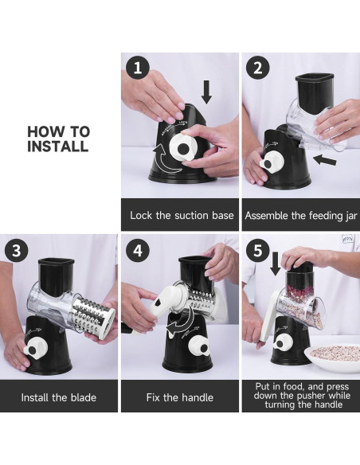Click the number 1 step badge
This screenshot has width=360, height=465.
tap(137, 68)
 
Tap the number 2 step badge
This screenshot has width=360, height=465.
tap(258, 68)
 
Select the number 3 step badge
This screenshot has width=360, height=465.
tap(16, 251)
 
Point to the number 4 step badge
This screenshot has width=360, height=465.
tap(137, 251)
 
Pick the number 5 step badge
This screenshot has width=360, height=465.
tap(258, 250)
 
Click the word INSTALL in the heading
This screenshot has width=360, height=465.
tap(58, 146)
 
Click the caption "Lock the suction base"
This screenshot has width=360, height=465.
tap(182, 215)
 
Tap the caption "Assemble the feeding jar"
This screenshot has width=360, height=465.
tap(301, 215)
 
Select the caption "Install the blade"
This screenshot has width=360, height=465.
tap(59, 397)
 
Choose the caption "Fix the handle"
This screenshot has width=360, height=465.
tap(180, 397)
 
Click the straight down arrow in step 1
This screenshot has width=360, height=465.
tap(206, 92)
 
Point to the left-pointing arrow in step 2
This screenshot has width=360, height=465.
tap(325, 160)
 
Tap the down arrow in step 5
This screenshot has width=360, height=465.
tap(276, 264)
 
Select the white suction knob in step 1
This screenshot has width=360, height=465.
tap(185, 146)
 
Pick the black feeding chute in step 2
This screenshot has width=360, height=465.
tap(314, 92)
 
